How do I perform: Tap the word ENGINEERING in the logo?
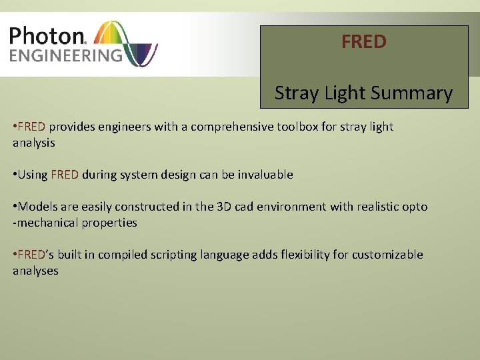pyautogui.click(x=65, y=55)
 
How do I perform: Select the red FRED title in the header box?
pyautogui.click(x=364, y=42)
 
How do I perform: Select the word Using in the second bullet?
pyautogui.click(x=33, y=175)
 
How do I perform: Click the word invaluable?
pyautogui.click(x=263, y=175)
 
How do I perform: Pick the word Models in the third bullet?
pyautogui.click(x=38, y=207)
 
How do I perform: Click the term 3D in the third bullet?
pyautogui.click(x=224, y=207)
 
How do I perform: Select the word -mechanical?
pyautogui.click(x=45, y=223)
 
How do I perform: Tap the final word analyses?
pyautogui.click(x=35, y=271)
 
